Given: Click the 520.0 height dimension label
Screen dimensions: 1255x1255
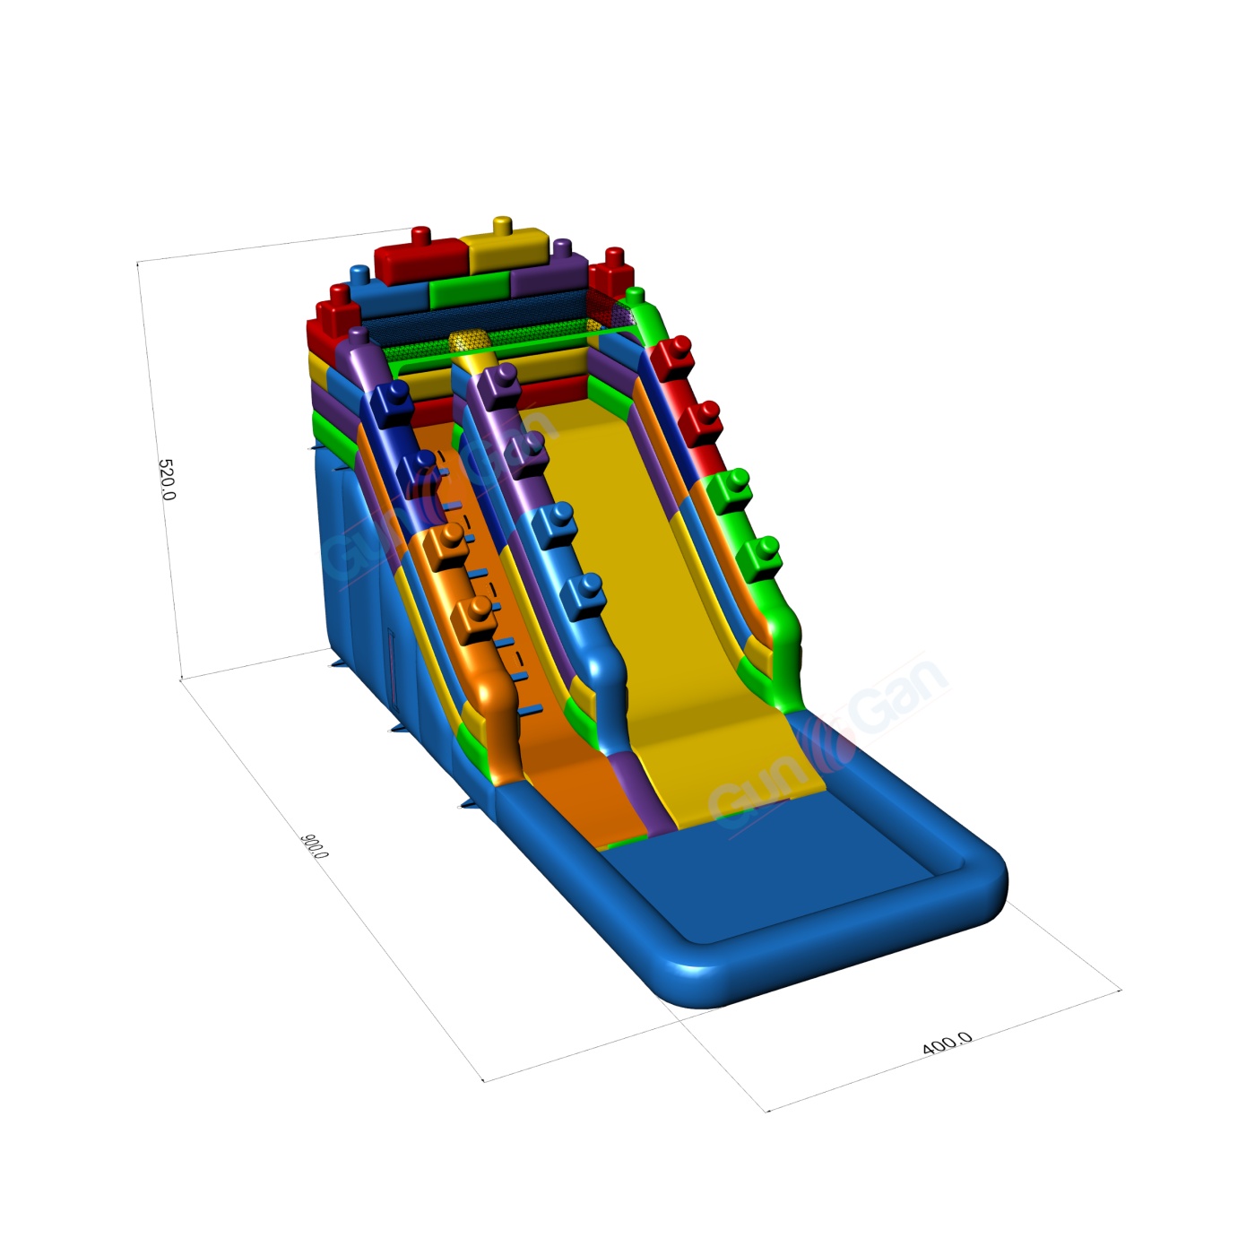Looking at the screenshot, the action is pos(167,480).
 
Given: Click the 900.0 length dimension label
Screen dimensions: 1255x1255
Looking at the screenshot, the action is pos(314,845).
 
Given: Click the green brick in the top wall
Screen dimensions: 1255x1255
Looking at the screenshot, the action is pos(471,290).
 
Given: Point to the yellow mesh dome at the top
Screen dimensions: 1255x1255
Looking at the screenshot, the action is pos(472,341).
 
